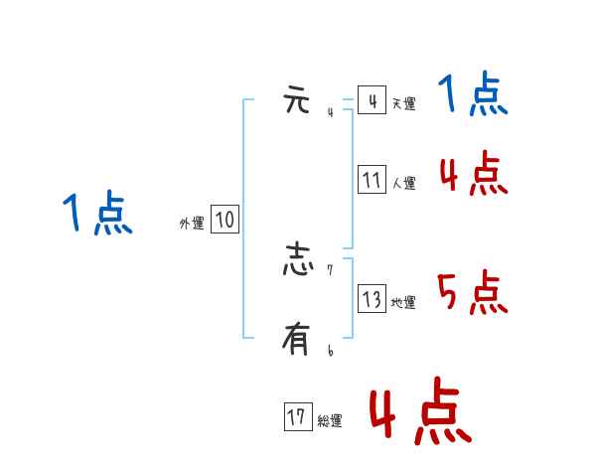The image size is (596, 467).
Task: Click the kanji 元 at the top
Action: tap(297, 100)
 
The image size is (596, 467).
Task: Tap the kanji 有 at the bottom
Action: tap(297, 340)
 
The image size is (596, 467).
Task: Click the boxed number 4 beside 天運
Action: tap(372, 101)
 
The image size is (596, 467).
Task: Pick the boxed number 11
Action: tap(372, 180)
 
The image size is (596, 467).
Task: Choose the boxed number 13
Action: tap(372, 299)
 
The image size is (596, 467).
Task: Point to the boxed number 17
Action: tap(297, 418)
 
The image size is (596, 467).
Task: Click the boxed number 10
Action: tap(224, 221)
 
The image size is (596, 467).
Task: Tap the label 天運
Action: tap(403, 103)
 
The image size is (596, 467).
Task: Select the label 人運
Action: tap(403, 183)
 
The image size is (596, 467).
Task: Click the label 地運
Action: tap(403, 302)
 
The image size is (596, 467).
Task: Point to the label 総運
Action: tap(330, 421)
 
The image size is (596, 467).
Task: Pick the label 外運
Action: tap(192, 224)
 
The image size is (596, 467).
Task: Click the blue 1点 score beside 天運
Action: tap(473, 95)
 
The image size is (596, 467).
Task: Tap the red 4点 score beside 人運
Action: tap(473, 175)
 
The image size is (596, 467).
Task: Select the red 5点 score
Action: tap(473, 293)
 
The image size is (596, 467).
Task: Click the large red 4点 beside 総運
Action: tap(419, 410)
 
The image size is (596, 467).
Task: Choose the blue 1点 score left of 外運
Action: tap(97, 215)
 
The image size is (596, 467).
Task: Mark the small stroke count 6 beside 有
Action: tap(330, 351)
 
